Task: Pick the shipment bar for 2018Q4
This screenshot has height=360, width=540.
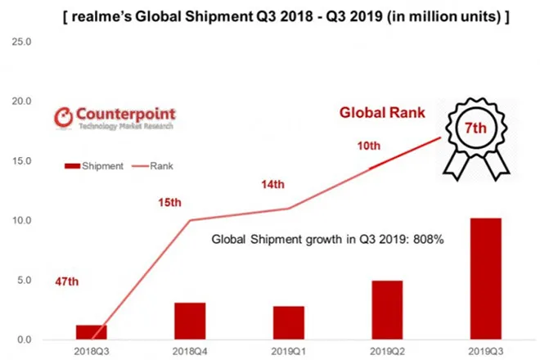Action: coord(191,321)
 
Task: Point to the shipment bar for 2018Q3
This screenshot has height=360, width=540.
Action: coord(91,331)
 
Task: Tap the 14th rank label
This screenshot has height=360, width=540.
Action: coord(272,185)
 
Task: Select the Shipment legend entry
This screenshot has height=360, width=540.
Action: coord(93,167)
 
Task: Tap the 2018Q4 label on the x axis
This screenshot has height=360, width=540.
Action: coord(191,350)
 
